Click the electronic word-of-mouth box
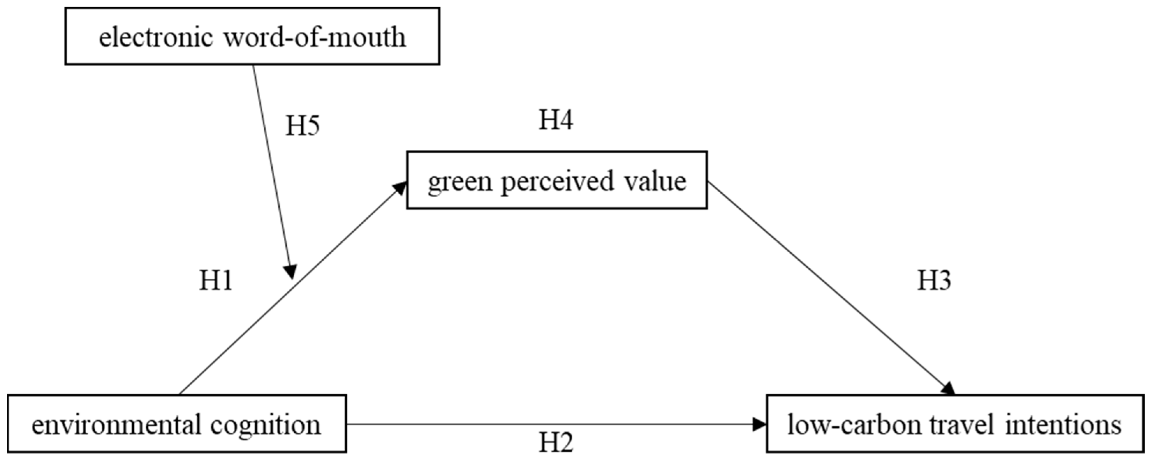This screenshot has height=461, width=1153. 252,36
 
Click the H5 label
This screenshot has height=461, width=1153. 303,126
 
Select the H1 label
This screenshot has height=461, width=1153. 215,281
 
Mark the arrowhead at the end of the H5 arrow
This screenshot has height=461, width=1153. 291,272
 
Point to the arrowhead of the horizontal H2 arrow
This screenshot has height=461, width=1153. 759,424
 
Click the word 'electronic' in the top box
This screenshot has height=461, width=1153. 156,37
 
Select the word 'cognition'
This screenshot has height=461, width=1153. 265,425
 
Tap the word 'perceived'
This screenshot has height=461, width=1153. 557,182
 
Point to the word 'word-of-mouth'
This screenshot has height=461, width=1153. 315,37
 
